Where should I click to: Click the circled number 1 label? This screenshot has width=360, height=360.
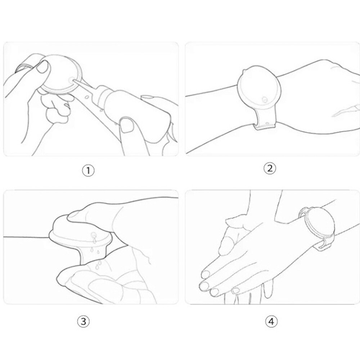coord(88,171)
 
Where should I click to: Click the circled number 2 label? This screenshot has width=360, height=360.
coord(270,168)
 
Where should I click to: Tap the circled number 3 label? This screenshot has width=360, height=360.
coord(83,321)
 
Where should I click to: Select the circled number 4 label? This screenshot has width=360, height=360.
coord(271,321)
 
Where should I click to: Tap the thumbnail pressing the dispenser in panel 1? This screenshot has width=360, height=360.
coord(43,67)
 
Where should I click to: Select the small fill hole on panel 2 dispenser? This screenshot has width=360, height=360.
coord(265,100)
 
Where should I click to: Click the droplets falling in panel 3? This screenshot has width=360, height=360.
coord(96,253)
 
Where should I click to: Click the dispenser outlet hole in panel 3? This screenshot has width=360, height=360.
coord(93,235)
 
